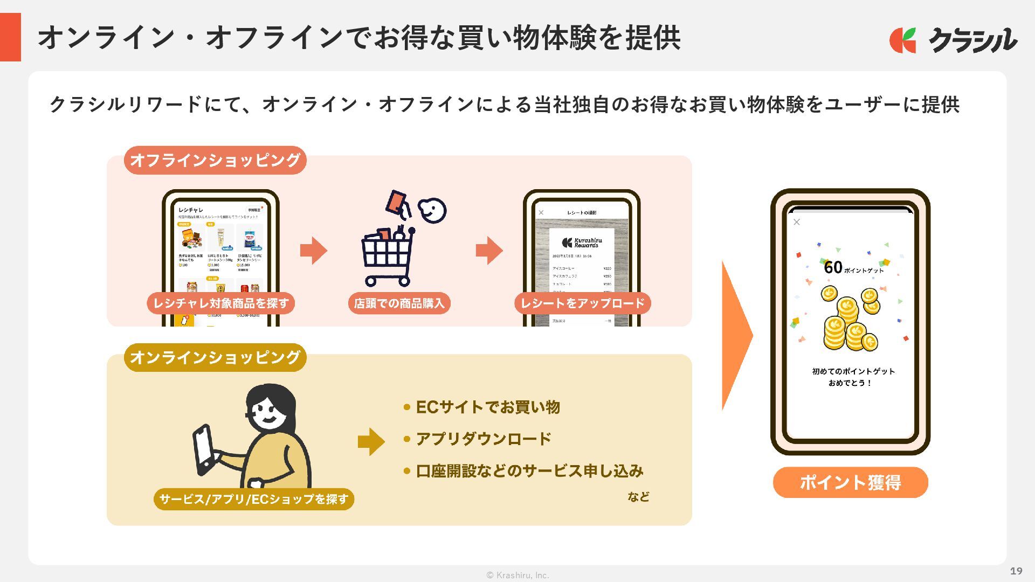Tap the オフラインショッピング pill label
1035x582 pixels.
pyautogui.click(x=215, y=160)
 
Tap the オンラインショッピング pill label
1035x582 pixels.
pyautogui.click(x=215, y=357)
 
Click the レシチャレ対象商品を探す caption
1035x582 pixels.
pyautogui.click(x=220, y=303)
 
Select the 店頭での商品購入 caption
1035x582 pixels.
pyautogui.click(x=399, y=303)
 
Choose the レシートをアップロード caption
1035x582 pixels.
pyautogui.click(x=582, y=303)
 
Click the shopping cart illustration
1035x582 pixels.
pyautogui.click(x=388, y=256)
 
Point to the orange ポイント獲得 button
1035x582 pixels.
pyautogui.click(x=850, y=482)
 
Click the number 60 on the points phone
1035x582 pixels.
pyautogui.click(x=833, y=267)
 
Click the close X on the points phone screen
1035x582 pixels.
pyautogui.click(x=797, y=222)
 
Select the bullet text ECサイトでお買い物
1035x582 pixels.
pyautogui.click(x=488, y=407)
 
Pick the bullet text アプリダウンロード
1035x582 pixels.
pyautogui.click(x=484, y=439)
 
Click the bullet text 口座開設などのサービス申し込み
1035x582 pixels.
pyautogui.click(x=529, y=471)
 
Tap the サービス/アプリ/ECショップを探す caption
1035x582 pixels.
pyautogui.click(x=254, y=499)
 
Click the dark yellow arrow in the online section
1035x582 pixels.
pyautogui.click(x=371, y=442)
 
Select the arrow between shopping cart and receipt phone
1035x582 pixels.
pyautogui.click(x=489, y=251)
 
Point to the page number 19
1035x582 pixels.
pyautogui.click(x=1016, y=571)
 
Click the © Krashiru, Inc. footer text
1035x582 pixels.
pyautogui.click(x=517, y=575)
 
